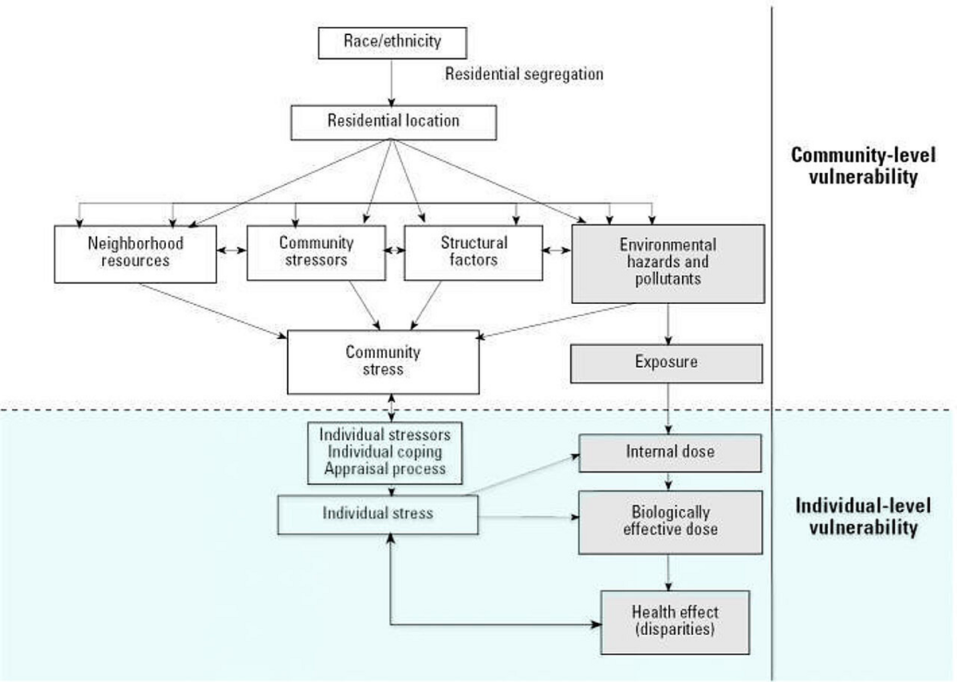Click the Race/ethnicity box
point(392,43)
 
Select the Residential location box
point(393,121)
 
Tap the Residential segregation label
point(524,74)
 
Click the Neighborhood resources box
point(136,253)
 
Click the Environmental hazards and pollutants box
point(668,262)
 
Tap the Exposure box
point(666,362)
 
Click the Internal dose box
point(669,452)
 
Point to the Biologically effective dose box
point(669,522)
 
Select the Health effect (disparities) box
point(675,621)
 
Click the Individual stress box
point(377,513)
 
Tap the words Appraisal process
point(384,469)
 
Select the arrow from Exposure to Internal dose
point(668,408)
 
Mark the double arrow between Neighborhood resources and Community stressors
point(231,250)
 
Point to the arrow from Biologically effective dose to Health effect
point(668,572)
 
